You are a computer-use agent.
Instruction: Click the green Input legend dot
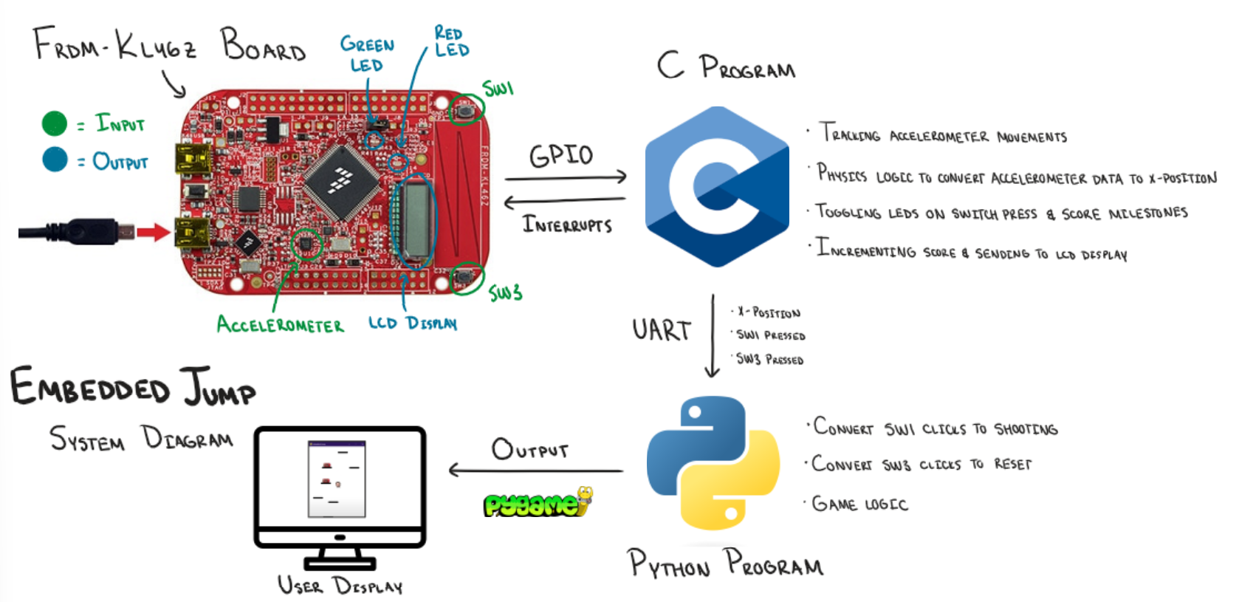pos(55,123)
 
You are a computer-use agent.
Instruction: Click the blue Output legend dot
pos(55,159)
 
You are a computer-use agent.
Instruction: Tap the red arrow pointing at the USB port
pos(154,233)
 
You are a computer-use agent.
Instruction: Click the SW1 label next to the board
pos(498,89)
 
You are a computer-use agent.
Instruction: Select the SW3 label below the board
pos(506,293)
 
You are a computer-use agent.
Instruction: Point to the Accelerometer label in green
pos(280,324)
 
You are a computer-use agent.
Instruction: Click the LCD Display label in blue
pos(413,323)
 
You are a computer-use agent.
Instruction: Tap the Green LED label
pos(367,54)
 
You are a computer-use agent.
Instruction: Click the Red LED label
pos(451,42)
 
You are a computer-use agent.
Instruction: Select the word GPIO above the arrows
pos(561,155)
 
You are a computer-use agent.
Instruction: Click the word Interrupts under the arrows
pos(567,224)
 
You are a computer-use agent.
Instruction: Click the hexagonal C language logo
pos(716,186)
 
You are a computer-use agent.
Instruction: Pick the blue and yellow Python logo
pos(713,463)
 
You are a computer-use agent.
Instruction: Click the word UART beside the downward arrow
pos(662,330)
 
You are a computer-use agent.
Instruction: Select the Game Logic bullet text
pos(859,504)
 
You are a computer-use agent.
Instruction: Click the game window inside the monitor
pos(337,479)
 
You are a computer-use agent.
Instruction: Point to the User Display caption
pos(340,586)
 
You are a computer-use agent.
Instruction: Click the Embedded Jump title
pos(133,387)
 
